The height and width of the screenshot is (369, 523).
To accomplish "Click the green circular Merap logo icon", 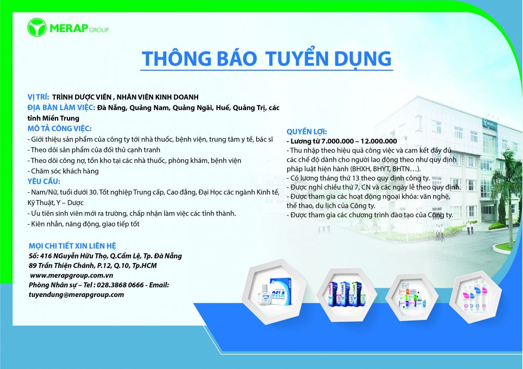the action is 37,28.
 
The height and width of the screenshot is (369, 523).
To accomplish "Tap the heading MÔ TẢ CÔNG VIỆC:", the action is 60,128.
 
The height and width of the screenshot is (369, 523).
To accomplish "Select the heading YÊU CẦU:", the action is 44,181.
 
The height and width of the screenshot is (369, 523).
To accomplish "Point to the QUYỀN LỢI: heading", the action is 307,132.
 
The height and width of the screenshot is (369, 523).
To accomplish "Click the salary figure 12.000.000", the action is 379,141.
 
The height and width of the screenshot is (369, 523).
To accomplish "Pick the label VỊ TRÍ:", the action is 38,97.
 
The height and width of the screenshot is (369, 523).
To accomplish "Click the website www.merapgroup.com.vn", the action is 72,275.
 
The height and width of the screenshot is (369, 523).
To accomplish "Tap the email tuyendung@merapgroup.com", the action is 76,295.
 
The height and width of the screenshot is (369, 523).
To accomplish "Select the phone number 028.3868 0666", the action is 120,285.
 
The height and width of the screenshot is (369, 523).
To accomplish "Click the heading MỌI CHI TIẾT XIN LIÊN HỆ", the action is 72,246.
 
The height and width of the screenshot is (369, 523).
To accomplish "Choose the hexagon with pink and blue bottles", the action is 475,297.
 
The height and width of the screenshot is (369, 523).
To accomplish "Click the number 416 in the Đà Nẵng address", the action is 46,256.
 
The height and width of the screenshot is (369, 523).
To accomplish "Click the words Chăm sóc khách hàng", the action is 65,171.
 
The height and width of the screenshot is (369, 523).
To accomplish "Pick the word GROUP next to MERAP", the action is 99,30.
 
